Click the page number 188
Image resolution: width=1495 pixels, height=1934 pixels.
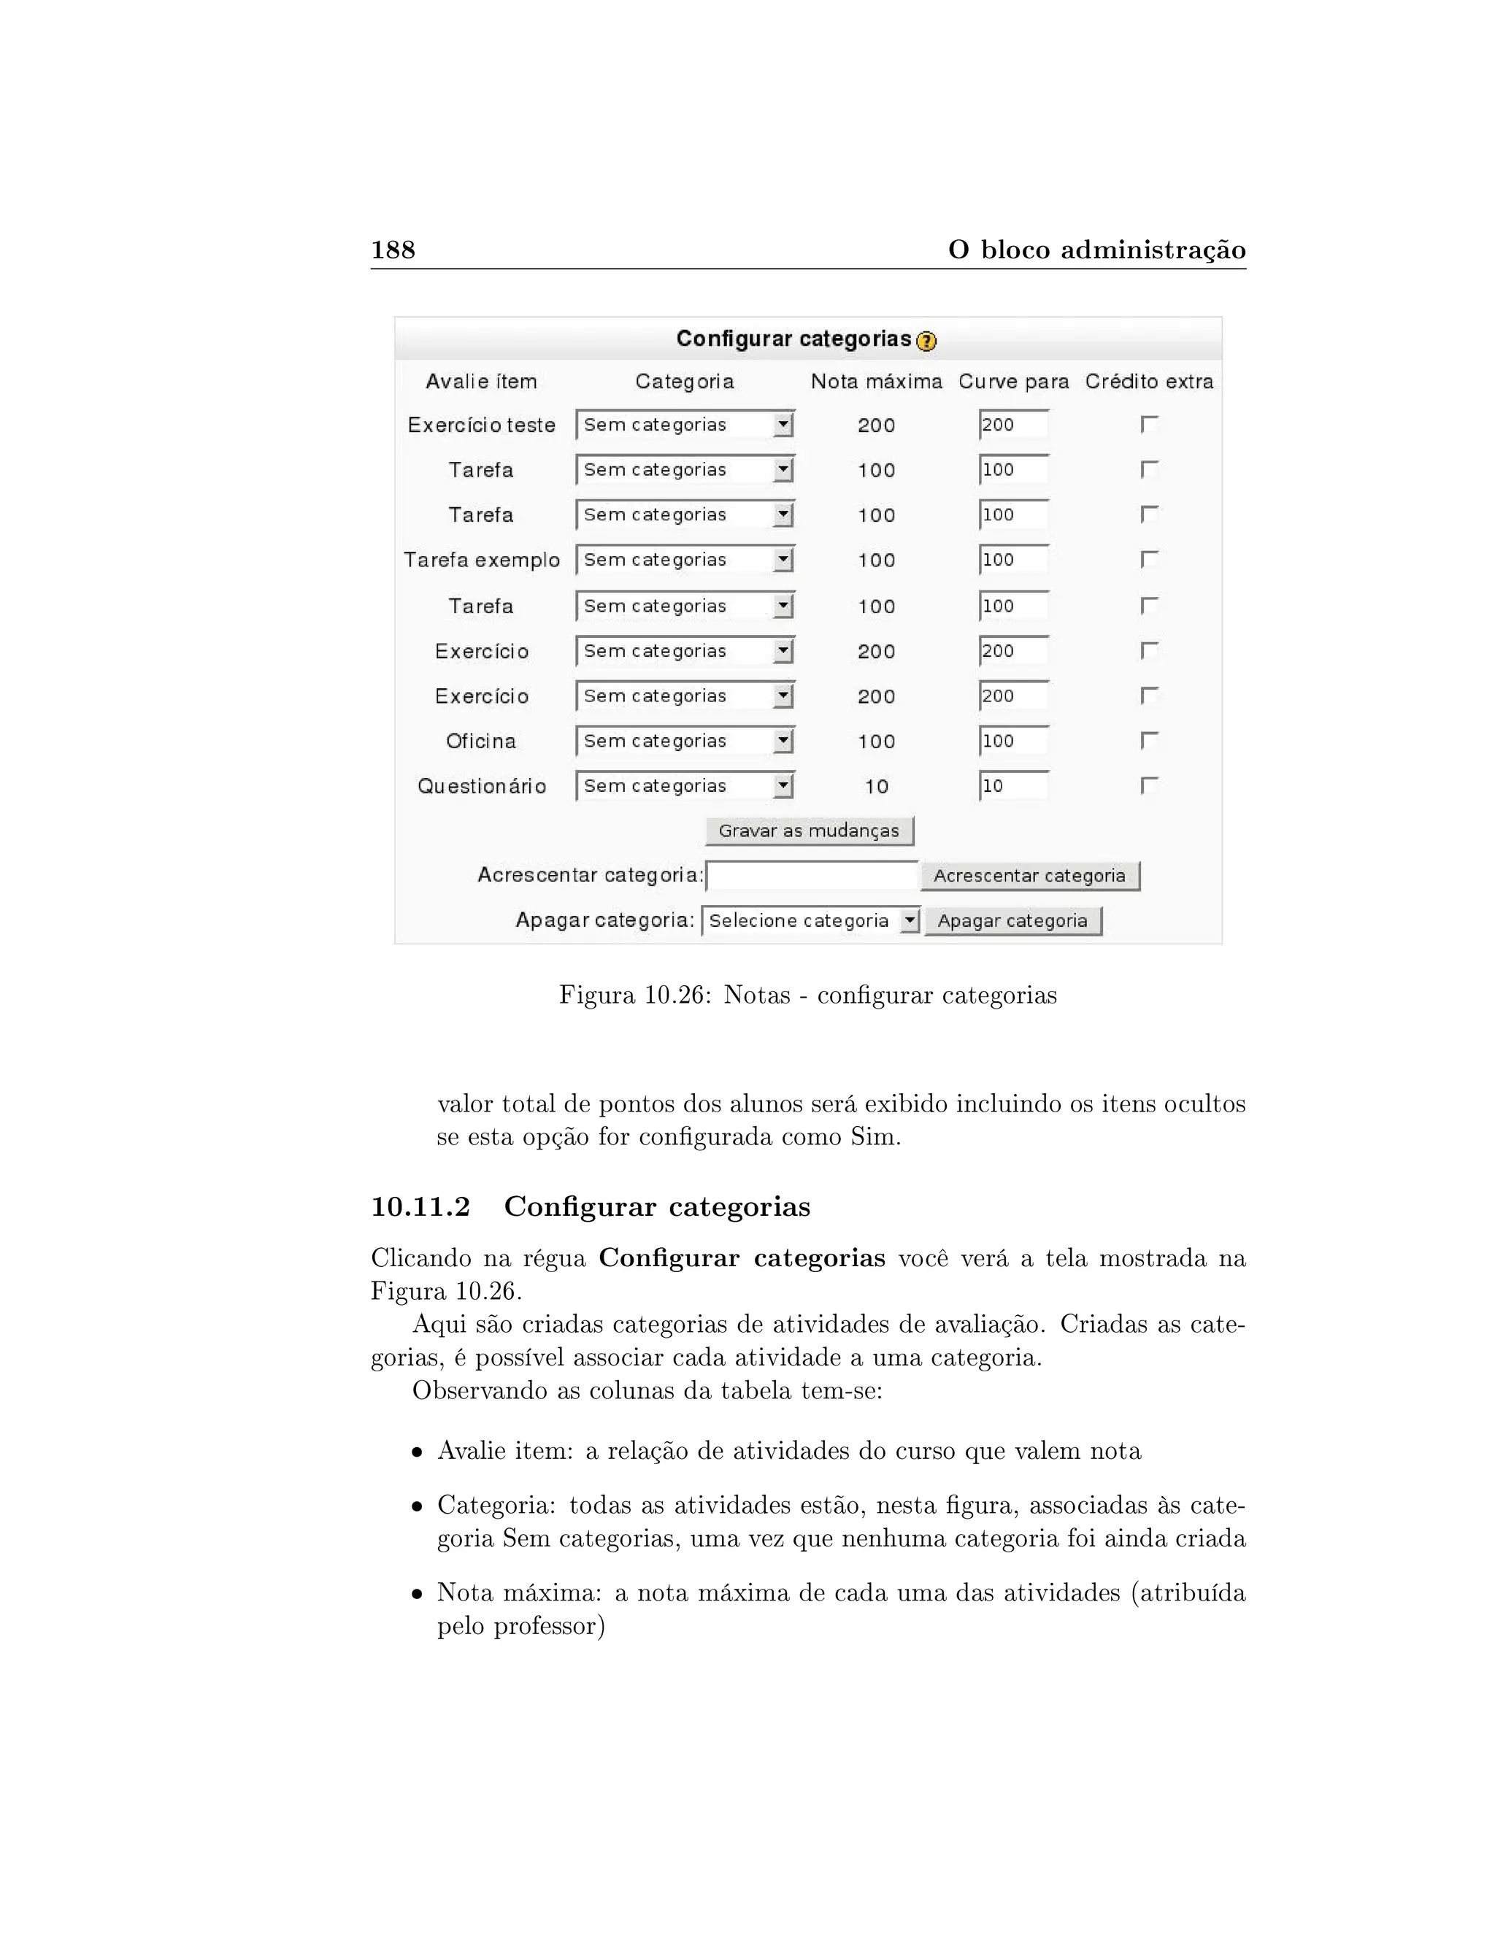[x=392, y=250]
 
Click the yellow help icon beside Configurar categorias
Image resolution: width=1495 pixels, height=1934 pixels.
[x=926, y=341]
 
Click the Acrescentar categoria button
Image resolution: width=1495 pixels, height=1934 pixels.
[x=1029, y=876]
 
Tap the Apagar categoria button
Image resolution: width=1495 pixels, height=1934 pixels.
[x=1012, y=921]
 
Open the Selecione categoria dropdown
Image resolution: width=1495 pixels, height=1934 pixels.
[x=810, y=921]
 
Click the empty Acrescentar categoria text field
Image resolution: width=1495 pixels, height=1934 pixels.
[x=811, y=876]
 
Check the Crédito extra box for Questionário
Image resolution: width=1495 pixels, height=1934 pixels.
[x=1149, y=785]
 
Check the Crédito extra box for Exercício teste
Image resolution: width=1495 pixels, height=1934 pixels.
[x=1149, y=425]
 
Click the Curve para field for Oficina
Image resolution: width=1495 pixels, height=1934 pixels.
[x=1013, y=741]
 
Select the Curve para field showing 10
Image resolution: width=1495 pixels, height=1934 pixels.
[x=1013, y=786]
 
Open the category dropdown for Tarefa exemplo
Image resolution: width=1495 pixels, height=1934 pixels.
[x=684, y=560]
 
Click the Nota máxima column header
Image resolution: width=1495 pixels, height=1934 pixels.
[x=876, y=382]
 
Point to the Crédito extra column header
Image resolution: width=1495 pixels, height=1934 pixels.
[x=1149, y=382]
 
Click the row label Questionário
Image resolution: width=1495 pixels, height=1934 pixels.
[x=482, y=786]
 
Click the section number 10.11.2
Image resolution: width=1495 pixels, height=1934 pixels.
[x=420, y=1207]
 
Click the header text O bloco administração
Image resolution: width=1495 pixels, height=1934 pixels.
[x=1096, y=250]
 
